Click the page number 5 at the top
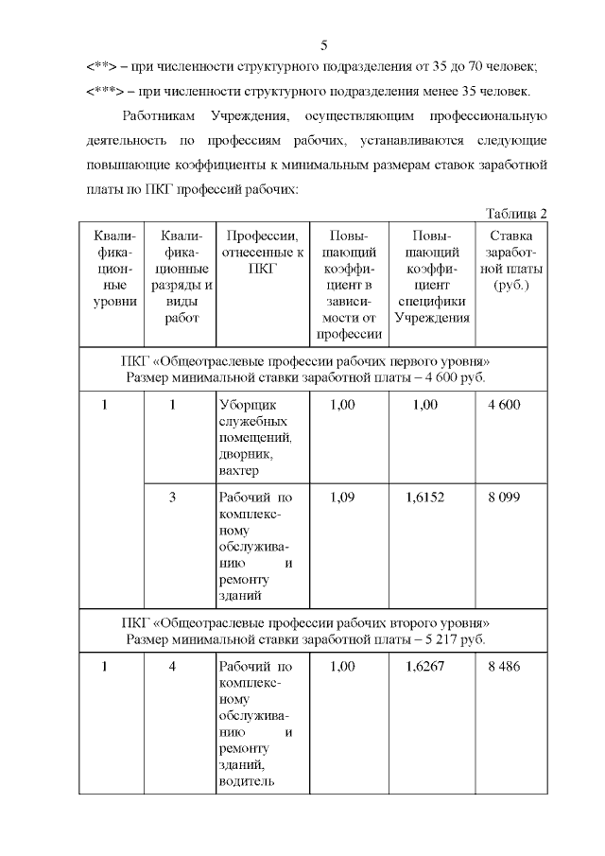coord(324,44)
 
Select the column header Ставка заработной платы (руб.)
coord(511,260)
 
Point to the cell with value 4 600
coord(504,406)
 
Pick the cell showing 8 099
coord(504,497)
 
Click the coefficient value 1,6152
coord(432,497)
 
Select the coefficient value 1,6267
coord(432,667)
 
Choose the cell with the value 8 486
coord(504,667)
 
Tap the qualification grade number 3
coord(173,497)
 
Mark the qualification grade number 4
coord(173,667)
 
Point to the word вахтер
coord(238,471)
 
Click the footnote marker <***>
coord(102,92)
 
